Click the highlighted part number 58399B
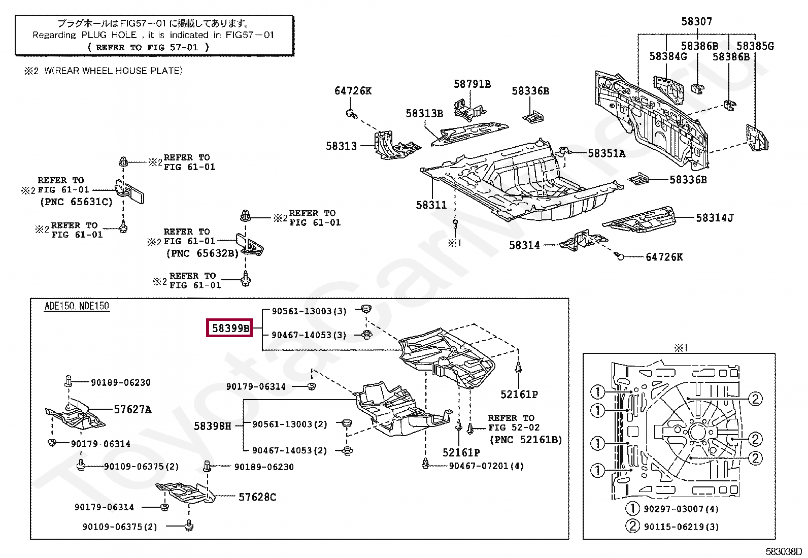(x=230, y=327)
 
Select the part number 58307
(x=696, y=21)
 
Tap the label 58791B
(x=472, y=84)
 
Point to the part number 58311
(x=431, y=205)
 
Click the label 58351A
(x=607, y=153)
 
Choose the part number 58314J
(x=715, y=218)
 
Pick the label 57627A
(x=133, y=409)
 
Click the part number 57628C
(x=257, y=497)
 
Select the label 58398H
(x=213, y=426)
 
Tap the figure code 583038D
(x=784, y=551)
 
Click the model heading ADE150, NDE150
(x=77, y=306)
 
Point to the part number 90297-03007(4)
(x=681, y=509)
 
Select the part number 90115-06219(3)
(x=681, y=527)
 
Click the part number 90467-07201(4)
(x=486, y=466)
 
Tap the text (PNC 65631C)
(x=77, y=202)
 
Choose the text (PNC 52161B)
(x=526, y=439)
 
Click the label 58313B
(x=425, y=113)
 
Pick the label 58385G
(x=755, y=46)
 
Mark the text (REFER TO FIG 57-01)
(x=149, y=47)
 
